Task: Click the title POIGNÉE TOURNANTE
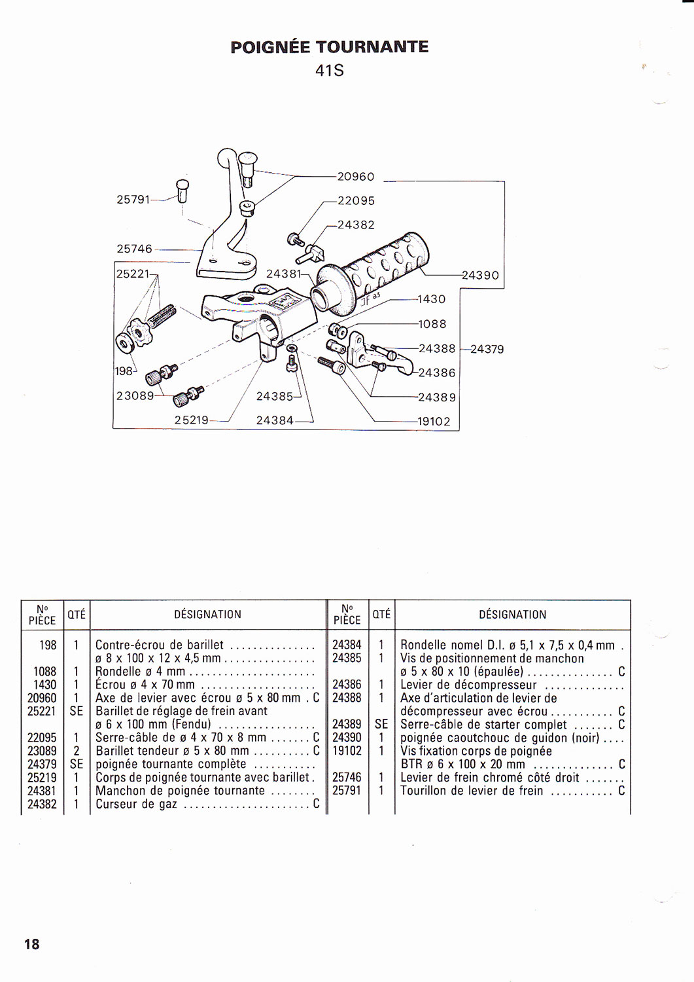pos(330,47)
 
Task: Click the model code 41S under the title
pos(330,70)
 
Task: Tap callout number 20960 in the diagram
pos(356,177)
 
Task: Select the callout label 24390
pos(480,276)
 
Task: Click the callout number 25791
pos(133,199)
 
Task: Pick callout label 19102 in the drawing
pos(434,422)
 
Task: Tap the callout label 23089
pos(135,395)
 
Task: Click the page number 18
pos(31,944)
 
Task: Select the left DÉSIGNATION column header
pos(207,615)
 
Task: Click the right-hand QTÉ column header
pos(381,614)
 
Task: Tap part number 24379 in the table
pos(42,764)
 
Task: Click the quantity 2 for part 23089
pos(76,751)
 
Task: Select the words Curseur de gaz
pos(136,804)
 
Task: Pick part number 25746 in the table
pos(347,777)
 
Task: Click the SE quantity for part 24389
pos(381,724)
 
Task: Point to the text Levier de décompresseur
pos(468,685)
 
